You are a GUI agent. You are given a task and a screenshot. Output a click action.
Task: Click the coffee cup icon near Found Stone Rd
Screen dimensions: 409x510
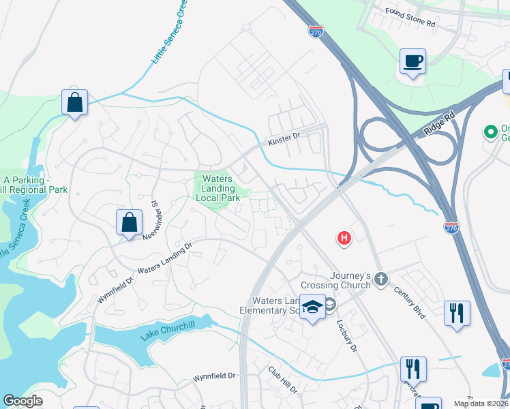[x=412, y=61]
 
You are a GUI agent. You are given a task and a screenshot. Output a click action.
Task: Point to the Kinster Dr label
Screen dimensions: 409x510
[x=284, y=138]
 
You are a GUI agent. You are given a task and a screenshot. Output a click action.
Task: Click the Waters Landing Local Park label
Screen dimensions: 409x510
[x=218, y=188]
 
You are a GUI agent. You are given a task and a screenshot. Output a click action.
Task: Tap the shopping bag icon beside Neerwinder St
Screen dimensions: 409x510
[x=129, y=222]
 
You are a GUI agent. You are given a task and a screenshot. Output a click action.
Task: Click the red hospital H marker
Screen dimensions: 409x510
[x=345, y=238]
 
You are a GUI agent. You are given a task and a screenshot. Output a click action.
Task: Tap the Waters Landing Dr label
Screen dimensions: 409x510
[x=165, y=260]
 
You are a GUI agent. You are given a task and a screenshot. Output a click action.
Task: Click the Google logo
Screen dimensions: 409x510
[x=22, y=401]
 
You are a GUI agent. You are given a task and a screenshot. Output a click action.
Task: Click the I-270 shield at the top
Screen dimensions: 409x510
[x=315, y=31]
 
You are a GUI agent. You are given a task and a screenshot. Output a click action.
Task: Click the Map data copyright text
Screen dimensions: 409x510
[x=481, y=404]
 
